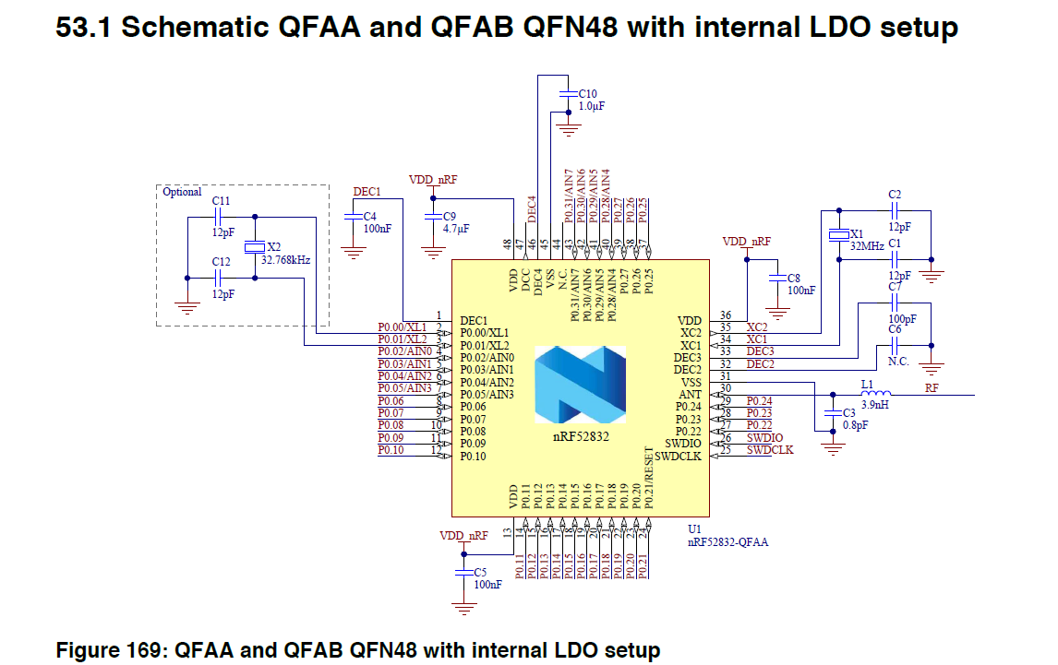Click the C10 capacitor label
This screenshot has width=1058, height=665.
(x=587, y=94)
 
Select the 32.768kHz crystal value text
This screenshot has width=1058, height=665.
(x=286, y=260)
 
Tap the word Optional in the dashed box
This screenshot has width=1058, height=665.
(x=182, y=192)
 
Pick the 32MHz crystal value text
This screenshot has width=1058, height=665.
(x=868, y=246)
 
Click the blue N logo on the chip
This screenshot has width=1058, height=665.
(x=580, y=384)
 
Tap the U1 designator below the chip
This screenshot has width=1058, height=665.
(x=695, y=529)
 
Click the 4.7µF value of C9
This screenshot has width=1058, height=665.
(x=457, y=228)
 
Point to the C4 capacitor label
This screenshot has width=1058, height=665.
(x=369, y=216)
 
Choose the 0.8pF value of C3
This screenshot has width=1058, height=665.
(x=857, y=425)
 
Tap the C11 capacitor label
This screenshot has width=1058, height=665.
(x=221, y=200)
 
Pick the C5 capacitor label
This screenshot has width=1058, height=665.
(x=480, y=573)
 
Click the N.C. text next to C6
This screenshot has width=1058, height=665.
(x=898, y=362)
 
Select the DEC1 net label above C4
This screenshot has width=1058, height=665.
(x=367, y=191)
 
